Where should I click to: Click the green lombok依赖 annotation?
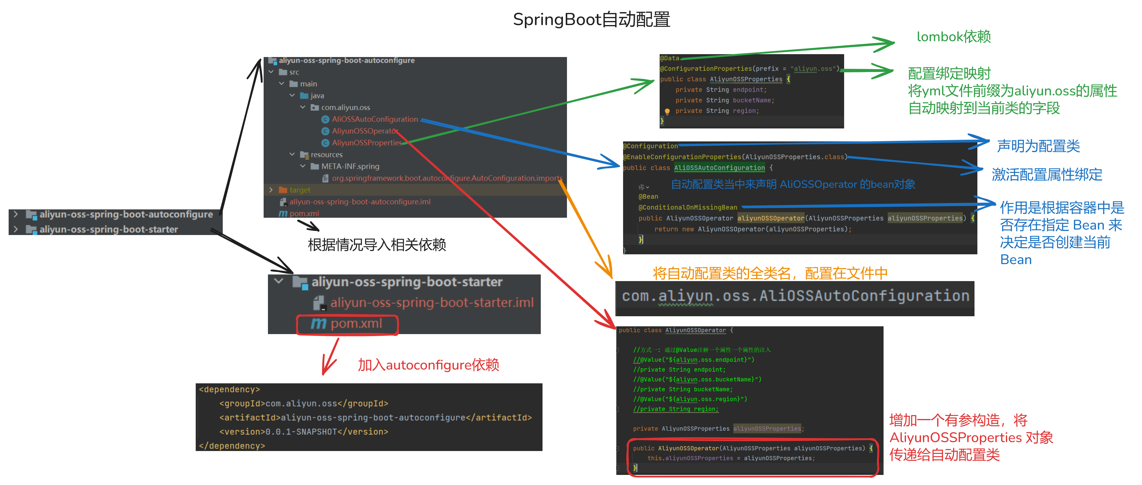coord(953,37)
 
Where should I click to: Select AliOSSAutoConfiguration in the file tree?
coord(375,119)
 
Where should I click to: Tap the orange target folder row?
coord(300,190)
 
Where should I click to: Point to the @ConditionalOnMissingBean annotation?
coord(688,207)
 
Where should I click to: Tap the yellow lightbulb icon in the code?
coord(667,111)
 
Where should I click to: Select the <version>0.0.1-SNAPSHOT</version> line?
coord(304,432)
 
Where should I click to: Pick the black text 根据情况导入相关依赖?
coord(377,245)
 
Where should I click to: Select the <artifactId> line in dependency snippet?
coord(375,418)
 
